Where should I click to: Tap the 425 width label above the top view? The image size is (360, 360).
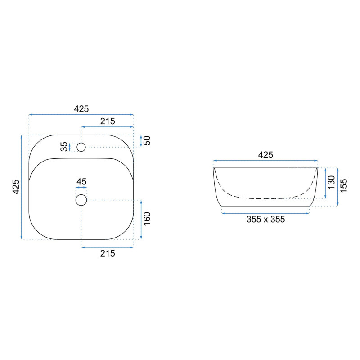pyautogui.click(x=81, y=109)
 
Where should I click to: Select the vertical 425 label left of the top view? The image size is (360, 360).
pyautogui.click(x=16, y=187)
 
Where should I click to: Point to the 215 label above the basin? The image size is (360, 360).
pyautogui.click(x=108, y=121)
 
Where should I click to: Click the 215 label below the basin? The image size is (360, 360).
pyautogui.click(x=108, y=253)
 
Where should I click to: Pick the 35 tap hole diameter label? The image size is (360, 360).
pyautogui.click(x=64, y=147)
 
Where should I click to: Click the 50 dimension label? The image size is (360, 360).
pyautogui.click(x=147, y=140)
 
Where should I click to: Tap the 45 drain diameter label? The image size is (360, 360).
pyautogui.click(x=81, y=182)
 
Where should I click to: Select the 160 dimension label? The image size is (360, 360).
pyautogui.click(x=147, y=219)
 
